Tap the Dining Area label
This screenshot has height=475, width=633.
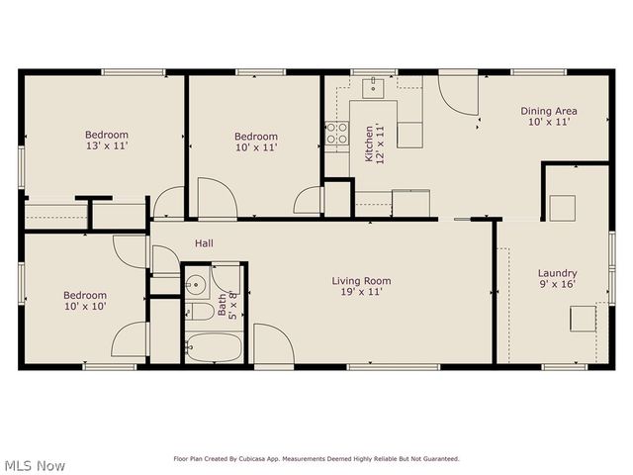[x=549, y=111]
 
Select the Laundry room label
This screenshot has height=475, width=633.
[x=557, y=273]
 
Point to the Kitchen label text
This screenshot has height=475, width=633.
[x=369, y=142]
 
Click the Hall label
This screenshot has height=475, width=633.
[x=204, y=242]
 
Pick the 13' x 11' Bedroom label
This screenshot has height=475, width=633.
[x=106, y=135]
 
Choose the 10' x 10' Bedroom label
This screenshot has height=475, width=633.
[x=85, y=295]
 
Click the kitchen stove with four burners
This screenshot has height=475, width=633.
[x=337, y=133]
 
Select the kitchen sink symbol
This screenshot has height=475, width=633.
[x=374, y=87]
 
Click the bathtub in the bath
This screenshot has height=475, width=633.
[x=214, y=347]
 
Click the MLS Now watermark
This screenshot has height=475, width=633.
[x=35, y=465]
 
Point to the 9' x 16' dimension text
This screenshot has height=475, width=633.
[x=557, y=285]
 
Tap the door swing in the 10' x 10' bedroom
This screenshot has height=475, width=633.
[x=131, y=339]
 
